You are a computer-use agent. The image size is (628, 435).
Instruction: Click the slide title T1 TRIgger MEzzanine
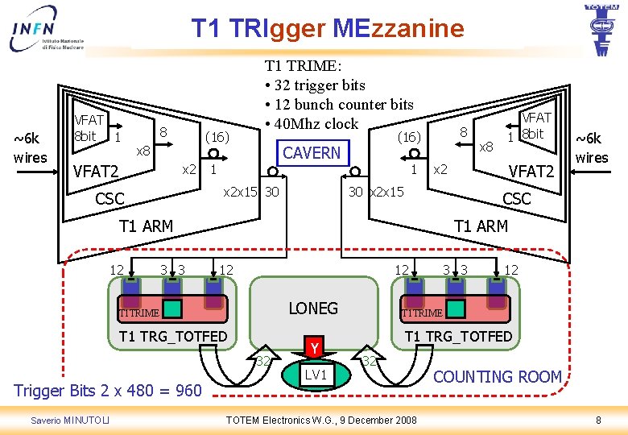(x=328, y=29)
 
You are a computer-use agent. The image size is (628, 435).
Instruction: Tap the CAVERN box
(x=312, y=152)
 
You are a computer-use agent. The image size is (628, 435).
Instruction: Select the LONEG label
(x=313, y=308)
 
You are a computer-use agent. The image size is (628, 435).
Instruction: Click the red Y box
(x=316, y=348)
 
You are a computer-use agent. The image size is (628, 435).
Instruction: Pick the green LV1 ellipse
(x=316, y=375)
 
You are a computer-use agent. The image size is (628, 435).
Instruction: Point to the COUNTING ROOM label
(x=497, y=376)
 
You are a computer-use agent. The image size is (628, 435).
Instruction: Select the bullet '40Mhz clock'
(x=310, y=123)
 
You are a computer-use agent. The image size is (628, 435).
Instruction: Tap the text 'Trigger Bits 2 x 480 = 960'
(x=108, y=391)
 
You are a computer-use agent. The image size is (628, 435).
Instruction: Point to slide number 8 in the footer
(x=597, y=420)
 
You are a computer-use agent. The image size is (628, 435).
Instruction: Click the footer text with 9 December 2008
(x=321, y=420)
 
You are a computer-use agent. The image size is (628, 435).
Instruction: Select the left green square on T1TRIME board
(x=174, y=308)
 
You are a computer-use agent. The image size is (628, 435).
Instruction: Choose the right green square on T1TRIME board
(x=455, y=308)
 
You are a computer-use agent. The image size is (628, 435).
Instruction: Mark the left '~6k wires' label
(x=31, y=148)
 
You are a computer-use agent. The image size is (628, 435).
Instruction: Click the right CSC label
(x=516, y=198)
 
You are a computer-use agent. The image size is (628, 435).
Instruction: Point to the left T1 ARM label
(x=146, y=226)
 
